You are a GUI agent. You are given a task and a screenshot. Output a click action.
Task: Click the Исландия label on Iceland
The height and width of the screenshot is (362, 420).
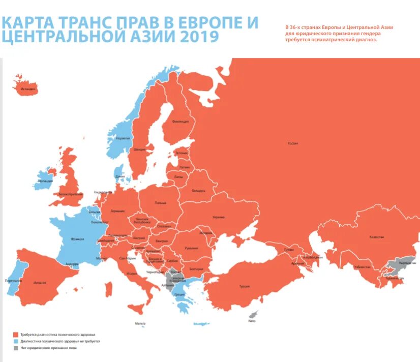pyautogui.click(x=28, y=89)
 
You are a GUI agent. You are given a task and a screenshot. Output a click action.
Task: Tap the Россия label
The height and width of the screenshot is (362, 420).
pyautogui.click(x=293, y=143)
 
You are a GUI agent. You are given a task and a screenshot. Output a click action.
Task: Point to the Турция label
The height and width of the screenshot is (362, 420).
pyautogui.click(x=244, y=286)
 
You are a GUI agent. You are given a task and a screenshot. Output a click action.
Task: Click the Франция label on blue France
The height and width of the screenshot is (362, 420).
pyautogui.click(x=78, y=238)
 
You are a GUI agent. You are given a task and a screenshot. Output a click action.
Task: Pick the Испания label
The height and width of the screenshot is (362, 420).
pyautogui.click(x=40, y=282)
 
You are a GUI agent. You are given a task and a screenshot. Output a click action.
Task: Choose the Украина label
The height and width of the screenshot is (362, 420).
pyautogui.click(x=219, y=217)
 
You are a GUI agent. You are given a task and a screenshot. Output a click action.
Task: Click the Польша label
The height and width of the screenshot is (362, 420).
pyautogui.click(x=161, y=203)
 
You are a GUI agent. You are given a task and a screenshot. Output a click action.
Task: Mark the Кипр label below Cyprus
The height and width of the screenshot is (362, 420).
pyautogui.click(x=252, y=321)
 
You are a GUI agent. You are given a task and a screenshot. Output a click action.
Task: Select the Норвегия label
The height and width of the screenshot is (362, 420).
pyautogui.click(x=123, y=138)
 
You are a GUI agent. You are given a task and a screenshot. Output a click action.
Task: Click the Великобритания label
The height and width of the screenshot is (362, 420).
pyautogui.click(x=71, y=194)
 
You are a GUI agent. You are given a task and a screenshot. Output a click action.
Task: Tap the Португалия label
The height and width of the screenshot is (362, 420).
pyautogui.click(x=13, y=281)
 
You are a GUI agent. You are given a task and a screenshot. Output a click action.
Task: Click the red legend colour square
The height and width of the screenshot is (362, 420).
pyautogui.click(x=16, y=335)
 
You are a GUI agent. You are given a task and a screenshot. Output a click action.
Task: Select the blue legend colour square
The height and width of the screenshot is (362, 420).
pyautogui.click(x=16, y=341)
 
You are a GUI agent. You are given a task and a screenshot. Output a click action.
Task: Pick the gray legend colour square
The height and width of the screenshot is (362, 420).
pyautogui.click(x=16, y=348)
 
